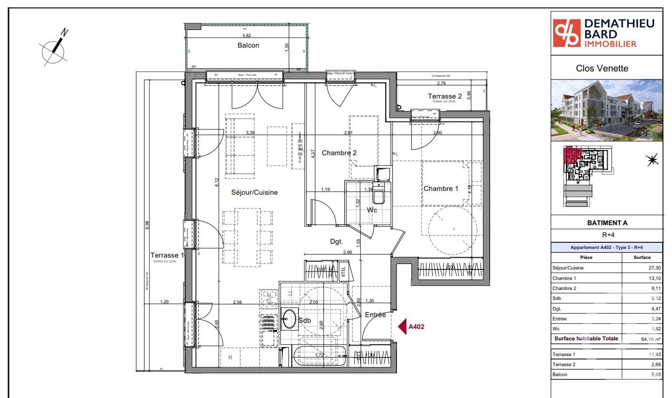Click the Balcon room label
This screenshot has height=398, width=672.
tap(248, 45)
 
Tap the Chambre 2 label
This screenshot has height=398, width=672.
tap(339, 153)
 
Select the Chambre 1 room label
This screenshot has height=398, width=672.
tap(441, 189)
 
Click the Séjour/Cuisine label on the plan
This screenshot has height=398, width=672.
tap(254, 192)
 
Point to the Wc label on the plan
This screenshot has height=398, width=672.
tap(372, 210)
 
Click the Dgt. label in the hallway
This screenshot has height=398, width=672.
tap(336, 241)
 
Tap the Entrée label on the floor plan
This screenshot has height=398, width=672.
tap(375, 315)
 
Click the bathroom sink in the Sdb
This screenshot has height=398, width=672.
tap(288, 318)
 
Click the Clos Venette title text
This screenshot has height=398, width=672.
tap(602, 68)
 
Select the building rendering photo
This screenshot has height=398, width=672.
tap(606, 109)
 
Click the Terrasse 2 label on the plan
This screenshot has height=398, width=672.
tap(445, 96)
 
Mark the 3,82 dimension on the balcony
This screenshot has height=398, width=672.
tap(247, 36)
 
